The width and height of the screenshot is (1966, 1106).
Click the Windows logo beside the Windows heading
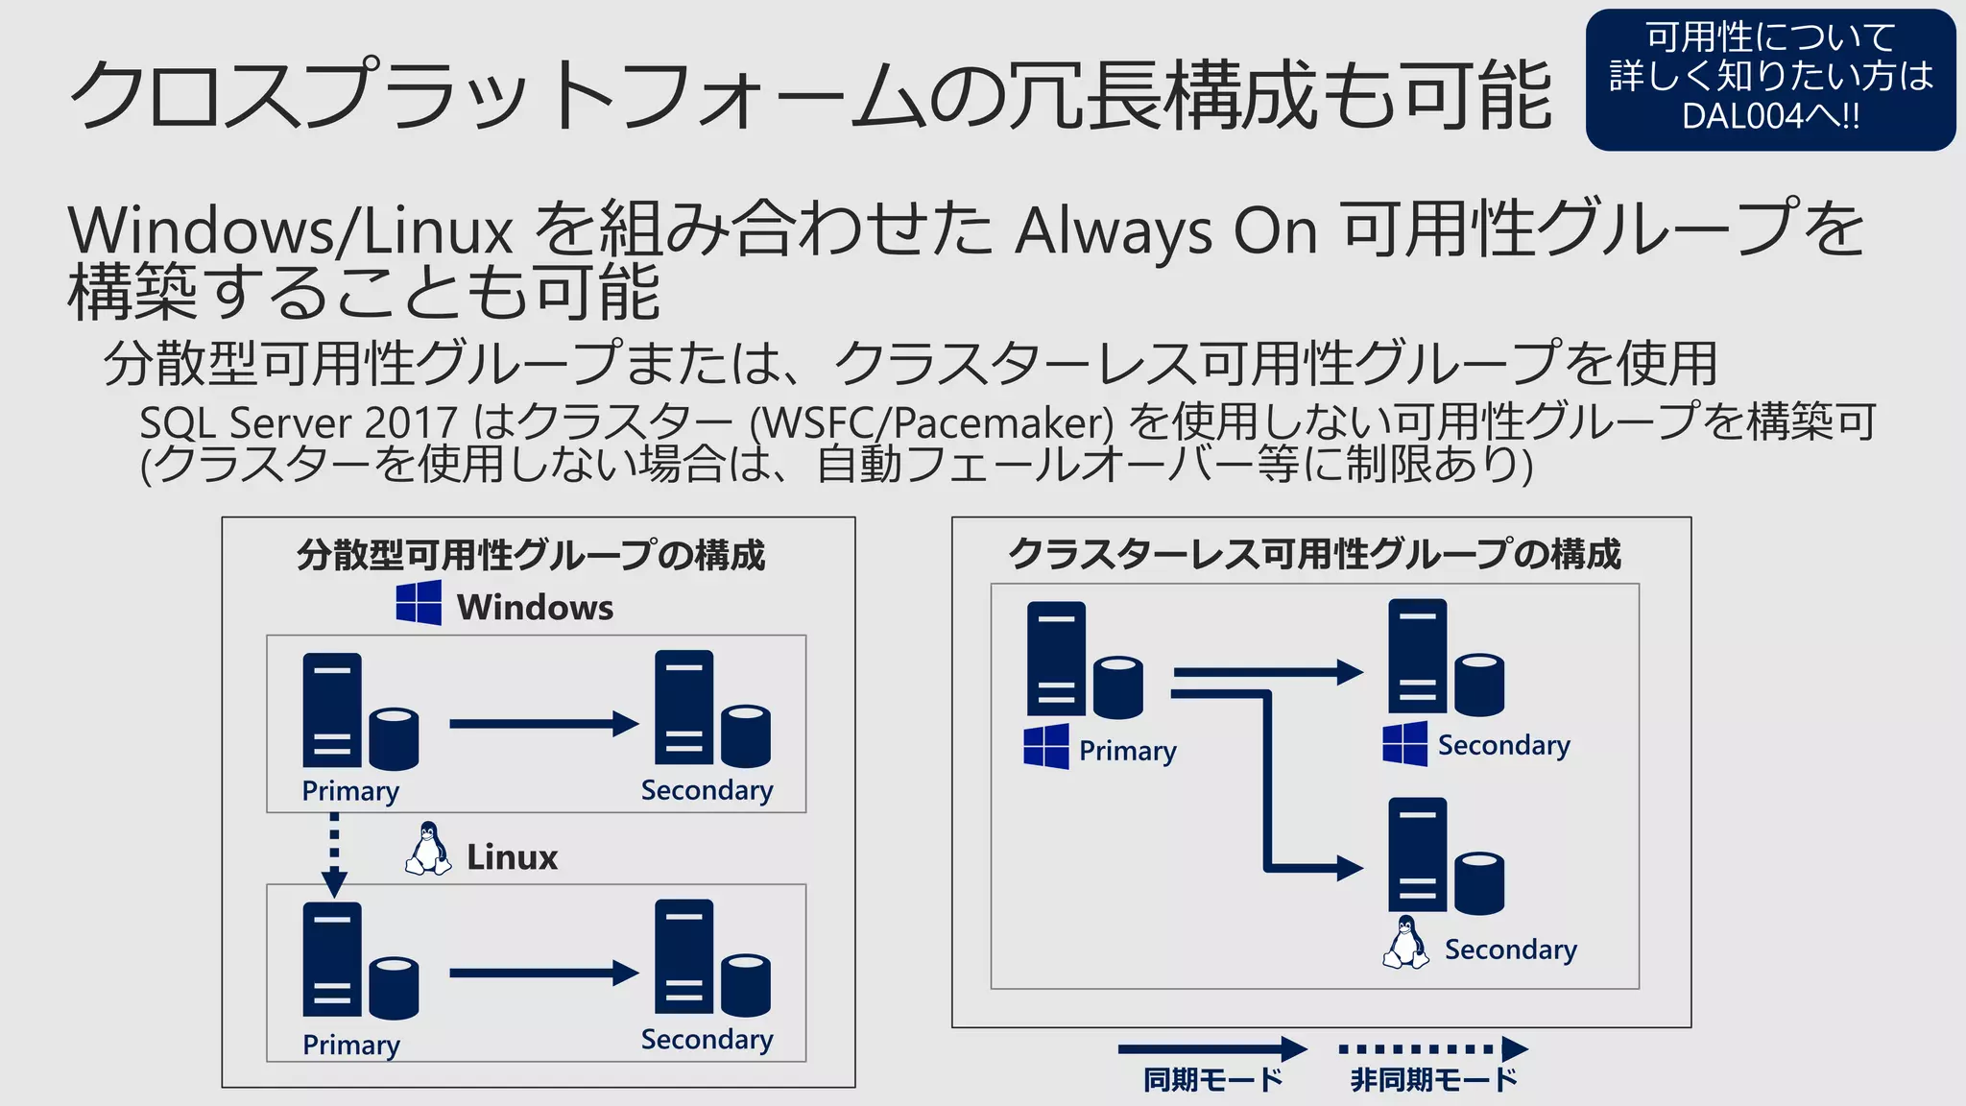[419, 603]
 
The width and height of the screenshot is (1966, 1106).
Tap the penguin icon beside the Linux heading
[428, 849]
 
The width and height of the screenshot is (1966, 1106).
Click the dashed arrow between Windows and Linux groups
[334, 854]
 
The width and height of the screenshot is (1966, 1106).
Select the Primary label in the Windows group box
[350, 791]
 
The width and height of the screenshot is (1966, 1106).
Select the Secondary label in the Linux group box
[707, 1040]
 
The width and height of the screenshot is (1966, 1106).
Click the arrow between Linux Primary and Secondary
[543, 973]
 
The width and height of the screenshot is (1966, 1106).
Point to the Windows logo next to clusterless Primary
[1045, 746]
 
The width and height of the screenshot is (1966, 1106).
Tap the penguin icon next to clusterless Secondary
[1405, 943]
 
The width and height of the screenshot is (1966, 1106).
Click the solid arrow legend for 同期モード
[1212, 1048]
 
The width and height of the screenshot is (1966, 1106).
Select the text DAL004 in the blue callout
[1742, 116]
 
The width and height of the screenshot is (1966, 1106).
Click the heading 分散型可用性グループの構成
[531, 555]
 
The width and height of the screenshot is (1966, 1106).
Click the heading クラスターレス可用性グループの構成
[1314, 554]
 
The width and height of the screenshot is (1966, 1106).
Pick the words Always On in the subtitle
[1166, 231]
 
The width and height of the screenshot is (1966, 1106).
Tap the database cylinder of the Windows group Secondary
[746, 735]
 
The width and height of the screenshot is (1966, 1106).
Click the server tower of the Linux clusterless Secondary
[1417, 854]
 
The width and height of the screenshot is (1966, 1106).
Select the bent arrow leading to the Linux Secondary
[1267, 787]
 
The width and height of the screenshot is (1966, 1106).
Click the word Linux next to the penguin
[512, 857]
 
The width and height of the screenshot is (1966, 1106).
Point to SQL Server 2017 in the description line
[299, 423]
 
